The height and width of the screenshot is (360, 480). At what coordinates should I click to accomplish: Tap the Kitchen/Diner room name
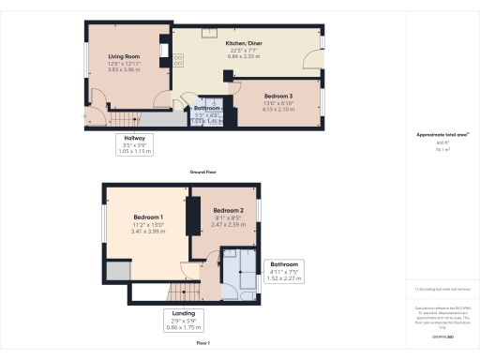[242, 43]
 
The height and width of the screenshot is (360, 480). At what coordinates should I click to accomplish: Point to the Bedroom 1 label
[149, 217]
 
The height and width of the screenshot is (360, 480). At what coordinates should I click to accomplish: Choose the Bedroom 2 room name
[228, 211]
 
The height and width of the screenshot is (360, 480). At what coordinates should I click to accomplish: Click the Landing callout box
[182, 320]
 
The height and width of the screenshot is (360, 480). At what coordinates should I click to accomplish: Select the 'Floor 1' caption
[204, 344]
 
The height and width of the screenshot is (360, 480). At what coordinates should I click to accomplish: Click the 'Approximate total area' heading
[441, 134]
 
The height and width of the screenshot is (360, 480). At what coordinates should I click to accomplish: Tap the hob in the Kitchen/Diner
[177, 59]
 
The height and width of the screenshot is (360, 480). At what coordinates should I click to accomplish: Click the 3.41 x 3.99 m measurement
[149, 231]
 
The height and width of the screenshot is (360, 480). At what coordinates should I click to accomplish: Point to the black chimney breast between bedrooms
[194, 215]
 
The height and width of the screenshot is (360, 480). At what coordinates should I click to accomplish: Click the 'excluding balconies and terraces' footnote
[441, 290]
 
